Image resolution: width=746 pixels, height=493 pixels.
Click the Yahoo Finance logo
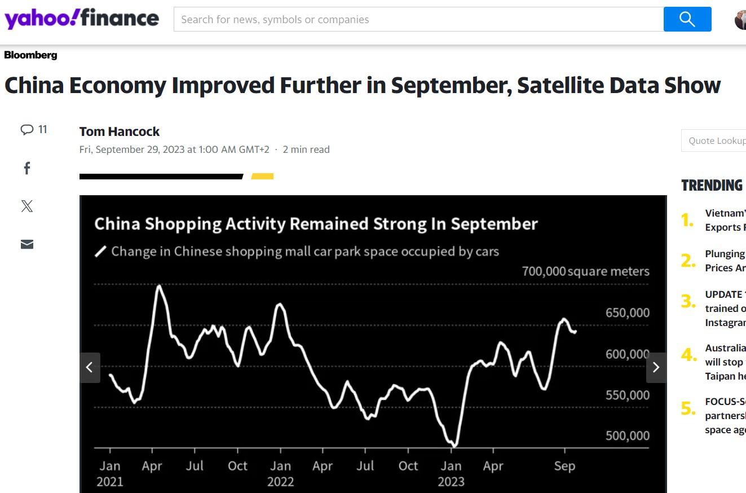(82, 19)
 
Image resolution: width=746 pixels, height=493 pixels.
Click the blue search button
(687, 19)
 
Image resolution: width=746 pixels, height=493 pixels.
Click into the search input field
(417, 19)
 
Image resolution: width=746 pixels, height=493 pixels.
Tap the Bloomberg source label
(30, 55)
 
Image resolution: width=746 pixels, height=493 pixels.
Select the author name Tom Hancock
(120, 131)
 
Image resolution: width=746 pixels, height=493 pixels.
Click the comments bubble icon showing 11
(27, 130)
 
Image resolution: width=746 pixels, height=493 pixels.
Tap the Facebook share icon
(27, 168)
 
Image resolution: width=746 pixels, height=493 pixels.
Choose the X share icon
(27, 206)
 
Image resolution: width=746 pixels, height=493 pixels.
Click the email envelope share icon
(27, 244)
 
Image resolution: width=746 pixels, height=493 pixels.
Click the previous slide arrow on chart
(90, 367)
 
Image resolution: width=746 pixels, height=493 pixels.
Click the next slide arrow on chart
(656, 367)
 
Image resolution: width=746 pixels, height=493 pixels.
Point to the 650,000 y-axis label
(627, 312)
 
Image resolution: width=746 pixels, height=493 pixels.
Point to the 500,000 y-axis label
(627, 435)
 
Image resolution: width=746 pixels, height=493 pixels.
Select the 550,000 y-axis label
(627, 395)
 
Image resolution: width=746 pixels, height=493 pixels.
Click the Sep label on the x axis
(564, 466)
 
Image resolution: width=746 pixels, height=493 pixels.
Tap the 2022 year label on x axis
(280, 481)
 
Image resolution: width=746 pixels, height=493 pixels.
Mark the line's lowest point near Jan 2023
(454, 446)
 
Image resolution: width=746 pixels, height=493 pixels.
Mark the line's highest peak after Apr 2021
(159, 286)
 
